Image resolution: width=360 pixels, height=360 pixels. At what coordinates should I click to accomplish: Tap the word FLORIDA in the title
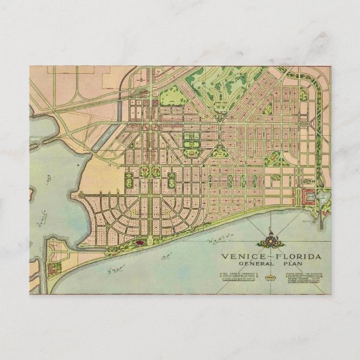point(293,257)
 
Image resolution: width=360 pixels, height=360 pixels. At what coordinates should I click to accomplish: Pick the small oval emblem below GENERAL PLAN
point(271,278)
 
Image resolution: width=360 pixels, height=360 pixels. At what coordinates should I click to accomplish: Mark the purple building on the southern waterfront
point(140,241)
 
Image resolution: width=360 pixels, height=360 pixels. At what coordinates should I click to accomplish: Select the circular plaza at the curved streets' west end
point(82,196)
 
